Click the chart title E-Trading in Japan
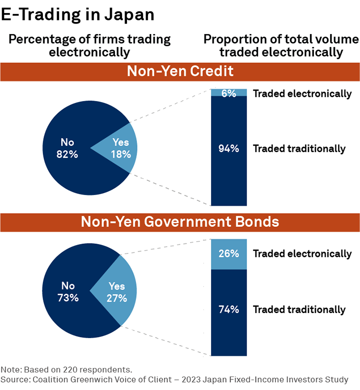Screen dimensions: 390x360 [x=77, y=14]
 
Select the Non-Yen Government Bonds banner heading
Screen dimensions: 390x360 [x=180, y=222]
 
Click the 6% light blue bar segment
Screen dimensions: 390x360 [x=229, y=93]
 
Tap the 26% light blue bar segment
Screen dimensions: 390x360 [x=229, y=254]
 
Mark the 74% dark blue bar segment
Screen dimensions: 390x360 [x=229, y=310]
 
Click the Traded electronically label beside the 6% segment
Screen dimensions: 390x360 [x=302, y=93]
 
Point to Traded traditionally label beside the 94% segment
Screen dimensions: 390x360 [x=299, y=148]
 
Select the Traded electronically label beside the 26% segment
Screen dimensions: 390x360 [x=302, y=254]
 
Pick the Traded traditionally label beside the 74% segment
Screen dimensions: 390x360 [x=299, y=310]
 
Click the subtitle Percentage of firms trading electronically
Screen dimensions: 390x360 [x=89, y=45]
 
